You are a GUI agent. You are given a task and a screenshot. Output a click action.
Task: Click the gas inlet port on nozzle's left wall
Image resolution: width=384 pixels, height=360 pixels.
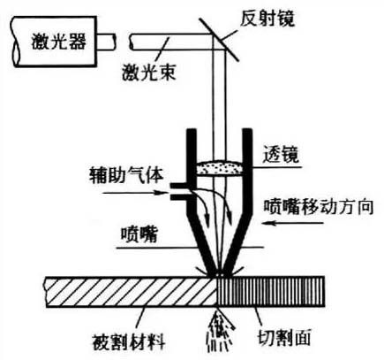click(x=177, y=187)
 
